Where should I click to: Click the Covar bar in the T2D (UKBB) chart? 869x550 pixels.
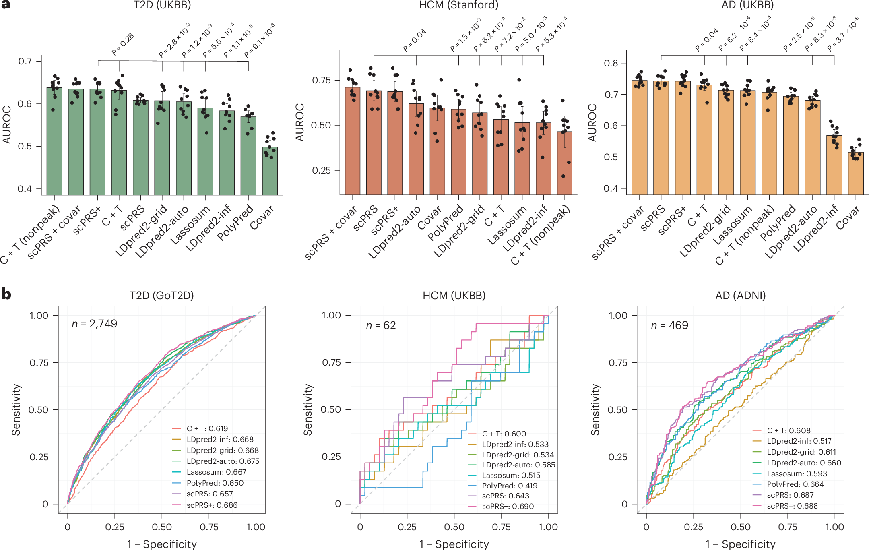coord(270,171)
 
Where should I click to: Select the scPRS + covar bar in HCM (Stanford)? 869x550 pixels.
coord(353,141)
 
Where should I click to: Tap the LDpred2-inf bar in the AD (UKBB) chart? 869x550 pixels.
coord(834,165)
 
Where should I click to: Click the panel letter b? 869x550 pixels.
coord(6,294)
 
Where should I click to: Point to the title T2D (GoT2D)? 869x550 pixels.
coord(162,296)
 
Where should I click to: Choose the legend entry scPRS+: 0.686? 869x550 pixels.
coord(212,505)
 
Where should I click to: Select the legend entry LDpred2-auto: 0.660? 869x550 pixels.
coord(804,463)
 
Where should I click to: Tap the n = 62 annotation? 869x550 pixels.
coord(381,325)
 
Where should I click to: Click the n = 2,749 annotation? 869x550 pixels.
coord(94,324)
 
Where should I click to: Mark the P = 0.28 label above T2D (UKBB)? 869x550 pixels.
coord(123,44)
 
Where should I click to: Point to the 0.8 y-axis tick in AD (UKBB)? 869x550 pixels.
coord(610,63)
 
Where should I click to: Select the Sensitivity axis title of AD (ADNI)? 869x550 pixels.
coord(595,409)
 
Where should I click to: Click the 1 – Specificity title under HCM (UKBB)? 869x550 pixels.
coord(454,544)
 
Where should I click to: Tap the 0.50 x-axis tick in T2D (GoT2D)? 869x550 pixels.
coord(162,527)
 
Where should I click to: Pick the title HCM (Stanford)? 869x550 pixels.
coord(458,5)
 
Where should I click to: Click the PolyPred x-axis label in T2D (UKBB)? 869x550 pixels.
coord(235,223)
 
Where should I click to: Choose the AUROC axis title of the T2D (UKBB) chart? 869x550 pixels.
coord(7,124)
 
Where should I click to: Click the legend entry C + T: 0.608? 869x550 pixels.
coord(788,430)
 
